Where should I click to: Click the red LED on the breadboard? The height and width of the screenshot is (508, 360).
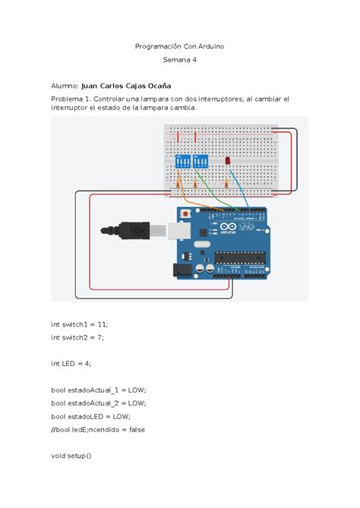pyautogui.click(x=227, y=162)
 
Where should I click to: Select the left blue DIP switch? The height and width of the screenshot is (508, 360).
pyautogui.click(x=182, y=162)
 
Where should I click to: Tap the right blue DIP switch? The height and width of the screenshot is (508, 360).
pyautogui.click(x=201, y=162)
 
